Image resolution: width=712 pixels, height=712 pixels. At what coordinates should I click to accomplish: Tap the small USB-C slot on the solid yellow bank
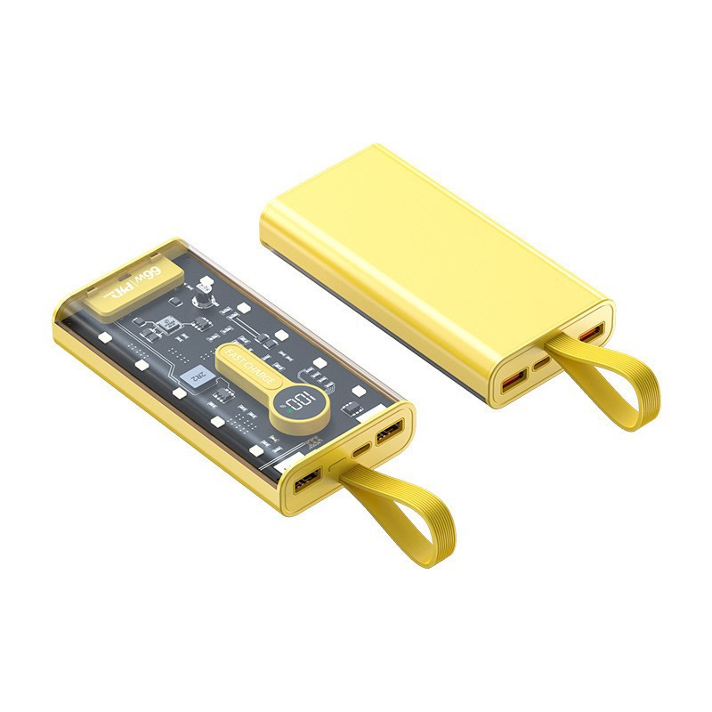click(x=542, y=363)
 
